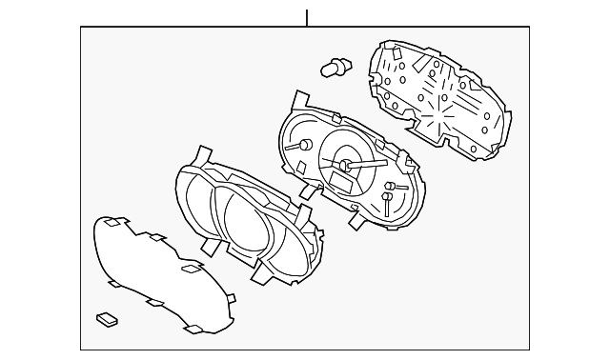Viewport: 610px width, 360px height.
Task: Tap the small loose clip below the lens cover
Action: coord(107,318)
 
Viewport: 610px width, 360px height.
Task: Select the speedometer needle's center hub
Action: coord(345,166)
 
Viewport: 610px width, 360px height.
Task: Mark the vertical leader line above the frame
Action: coord(307,17)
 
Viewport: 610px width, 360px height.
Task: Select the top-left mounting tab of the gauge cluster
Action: coord(300,100)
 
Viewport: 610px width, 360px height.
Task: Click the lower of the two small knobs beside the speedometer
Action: coord(386,200)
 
